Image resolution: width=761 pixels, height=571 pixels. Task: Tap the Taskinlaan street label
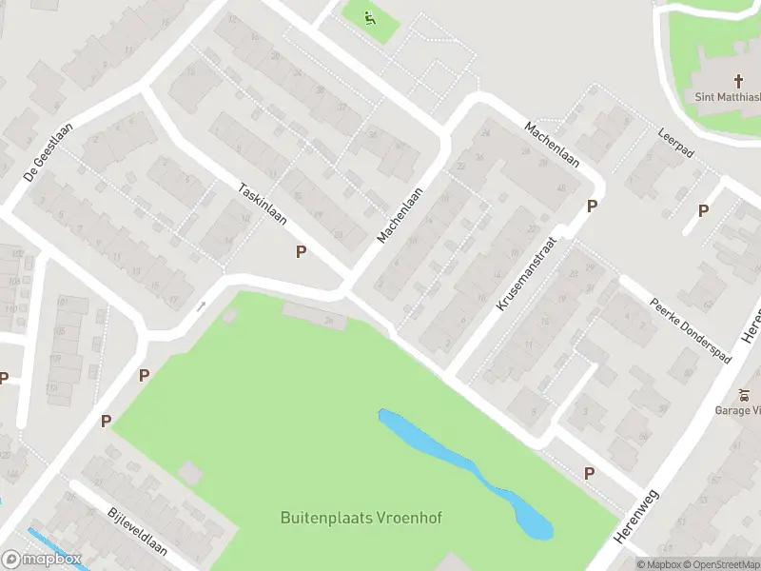click(x=263, y=203)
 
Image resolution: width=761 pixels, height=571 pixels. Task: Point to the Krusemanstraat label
click(x=524, y=275)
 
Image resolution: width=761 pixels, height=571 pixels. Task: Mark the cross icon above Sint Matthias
click(x=738, y=81)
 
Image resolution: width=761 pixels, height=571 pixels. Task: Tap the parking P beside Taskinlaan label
click(x=302, y=252)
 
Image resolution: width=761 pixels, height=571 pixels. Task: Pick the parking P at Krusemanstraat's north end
click(x=592, y=207)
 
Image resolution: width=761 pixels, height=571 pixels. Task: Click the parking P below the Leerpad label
click(x=703, y=211)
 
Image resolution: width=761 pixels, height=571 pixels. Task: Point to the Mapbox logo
click(x=41, y=560)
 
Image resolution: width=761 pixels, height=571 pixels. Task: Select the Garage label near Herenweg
click(x=738, y=410)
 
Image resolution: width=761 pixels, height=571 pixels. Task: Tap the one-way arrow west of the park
click(x=201, y=306)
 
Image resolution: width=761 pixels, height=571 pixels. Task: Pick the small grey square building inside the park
click(x=190, y=472)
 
